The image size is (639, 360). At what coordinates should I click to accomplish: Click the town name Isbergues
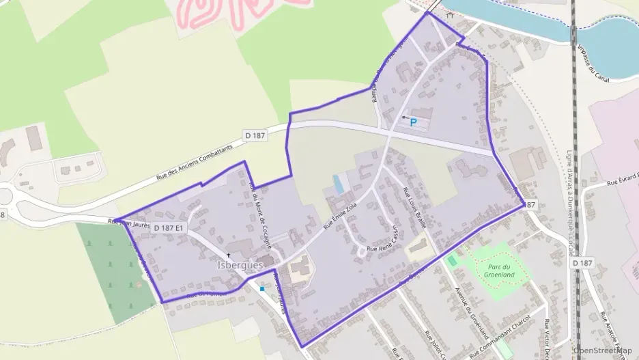click(x=240, y=265)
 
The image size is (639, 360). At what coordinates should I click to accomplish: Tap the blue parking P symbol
click(x=413, y=122)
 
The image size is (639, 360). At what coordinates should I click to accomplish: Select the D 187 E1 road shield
click(x=169, y=227)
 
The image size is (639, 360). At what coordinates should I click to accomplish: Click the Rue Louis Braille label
click(x=415, y=207)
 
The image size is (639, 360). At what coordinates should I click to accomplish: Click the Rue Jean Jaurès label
click(x=129, y=221)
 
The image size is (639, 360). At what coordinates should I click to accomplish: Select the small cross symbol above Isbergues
click(x=229, y=255)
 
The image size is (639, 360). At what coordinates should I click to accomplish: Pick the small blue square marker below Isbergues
click(x=261, y=288)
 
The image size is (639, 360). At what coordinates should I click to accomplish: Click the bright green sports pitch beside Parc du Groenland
click(x=452, y=260)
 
